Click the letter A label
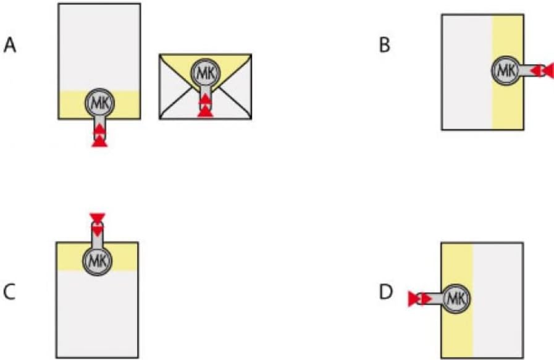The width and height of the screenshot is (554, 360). pyautogui.click(x=10, y=46)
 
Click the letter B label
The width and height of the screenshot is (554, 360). pyautogui.click(x=384, y=45)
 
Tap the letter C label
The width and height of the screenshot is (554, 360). pyautogui.click(x=9, y=292)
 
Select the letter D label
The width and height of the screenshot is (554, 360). pyautogui.click(x=386, y=292)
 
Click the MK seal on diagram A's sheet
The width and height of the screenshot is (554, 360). pyautogui.click(x=99, y=103)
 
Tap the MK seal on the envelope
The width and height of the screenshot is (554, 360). pyautogui.click(x=206, y=73)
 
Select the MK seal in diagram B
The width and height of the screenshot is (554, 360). pyautogui.click(x=506, y=70)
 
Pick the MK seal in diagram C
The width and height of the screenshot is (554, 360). pyautogui.click(x=98, y=261)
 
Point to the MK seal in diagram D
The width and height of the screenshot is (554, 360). pyautogui.click(x=456, y=299)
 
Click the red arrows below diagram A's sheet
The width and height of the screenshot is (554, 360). pyautogui.click(x=99, y=135)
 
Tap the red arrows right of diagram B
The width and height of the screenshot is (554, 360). pyautogui.click(x=542, y=70)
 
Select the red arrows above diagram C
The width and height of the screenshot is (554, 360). pyautogui.click(x=98, y=225)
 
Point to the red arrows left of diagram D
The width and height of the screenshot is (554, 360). pyautogui.click(x=420, y=299)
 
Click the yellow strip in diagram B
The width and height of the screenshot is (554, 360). pyautogui.click(x=508, y=106)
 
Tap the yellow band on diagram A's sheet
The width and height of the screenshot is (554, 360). pyautogui.click(x=70, y=105)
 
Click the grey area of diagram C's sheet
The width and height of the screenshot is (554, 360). pyautogui.click(x=97, y=314)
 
